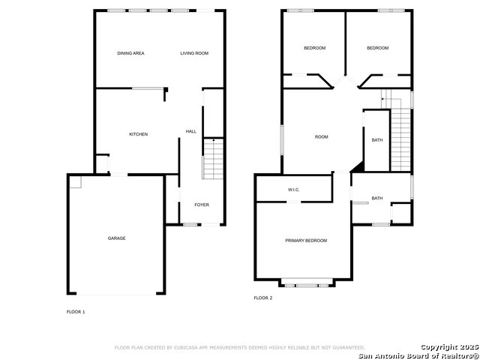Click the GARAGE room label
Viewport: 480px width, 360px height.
coord(117,238)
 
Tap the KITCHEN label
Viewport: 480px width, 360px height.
coord(138,134)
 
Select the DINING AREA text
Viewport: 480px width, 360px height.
coord(130,53)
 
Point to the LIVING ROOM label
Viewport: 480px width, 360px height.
coord(194,53)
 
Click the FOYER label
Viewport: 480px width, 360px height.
coord(202,205)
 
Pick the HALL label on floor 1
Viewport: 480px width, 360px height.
coord(191,131)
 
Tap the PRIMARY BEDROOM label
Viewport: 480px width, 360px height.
coord(306,241)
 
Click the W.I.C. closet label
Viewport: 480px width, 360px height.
coord(293,190)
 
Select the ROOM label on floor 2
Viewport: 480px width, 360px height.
coord(322,136)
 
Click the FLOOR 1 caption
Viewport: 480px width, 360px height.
coord(76,312)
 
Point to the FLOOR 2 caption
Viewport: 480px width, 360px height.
coord(263,298)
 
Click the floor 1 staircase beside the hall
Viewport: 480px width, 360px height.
coord(213,159)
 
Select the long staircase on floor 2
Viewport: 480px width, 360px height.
coord(400,139)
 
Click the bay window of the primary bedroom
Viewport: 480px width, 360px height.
coord(307,284)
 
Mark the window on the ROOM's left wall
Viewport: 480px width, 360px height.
coord(282,139)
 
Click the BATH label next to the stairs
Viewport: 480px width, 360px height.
coord(377,140)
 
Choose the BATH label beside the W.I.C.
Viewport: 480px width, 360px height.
coord(377,198)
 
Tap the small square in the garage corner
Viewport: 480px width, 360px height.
coord(75,182)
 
